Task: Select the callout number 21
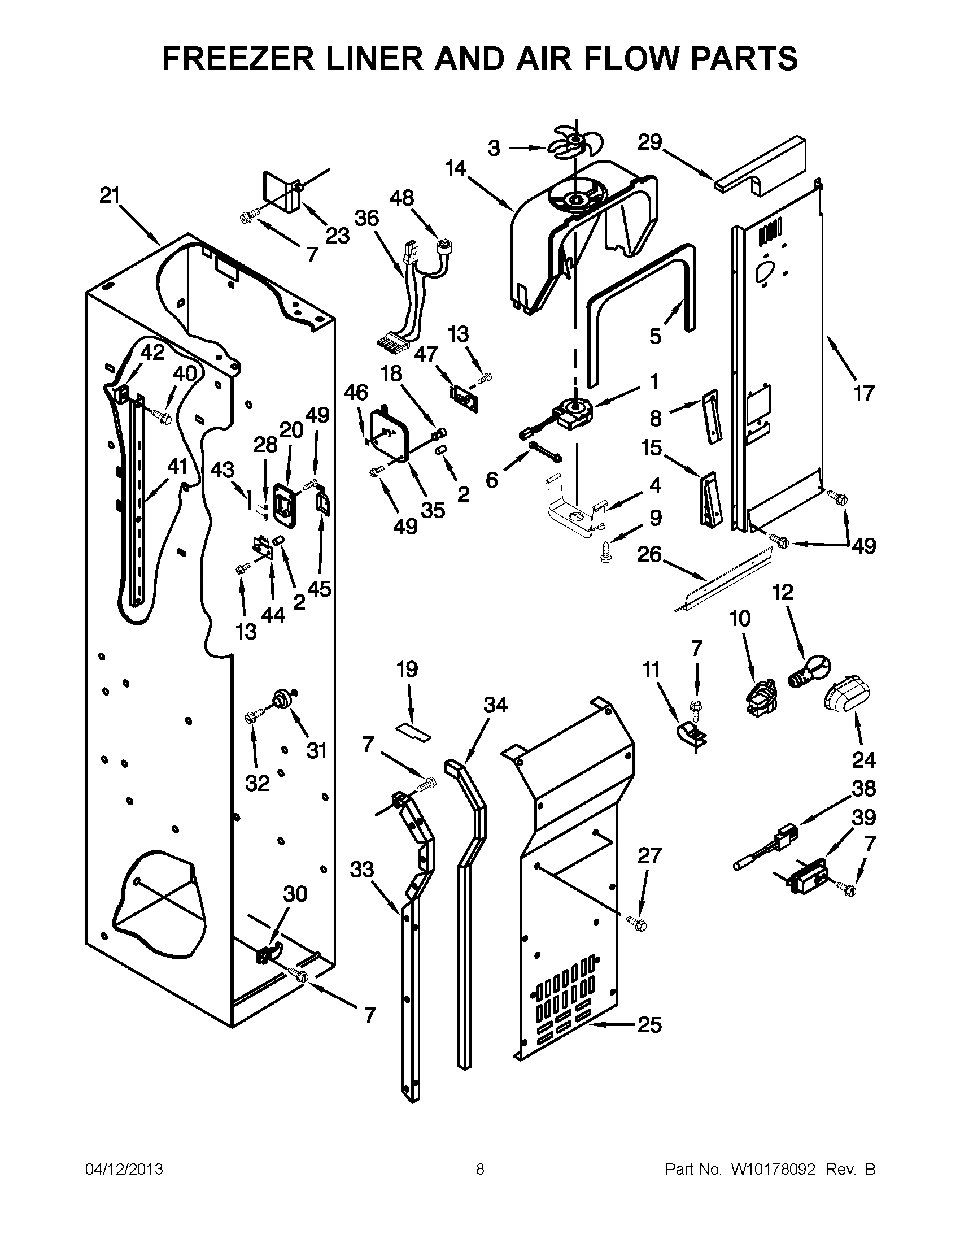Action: (x=110, y=196)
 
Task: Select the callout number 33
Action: (x=362, y=870)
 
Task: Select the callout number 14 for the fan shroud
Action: (x=456, y=168)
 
